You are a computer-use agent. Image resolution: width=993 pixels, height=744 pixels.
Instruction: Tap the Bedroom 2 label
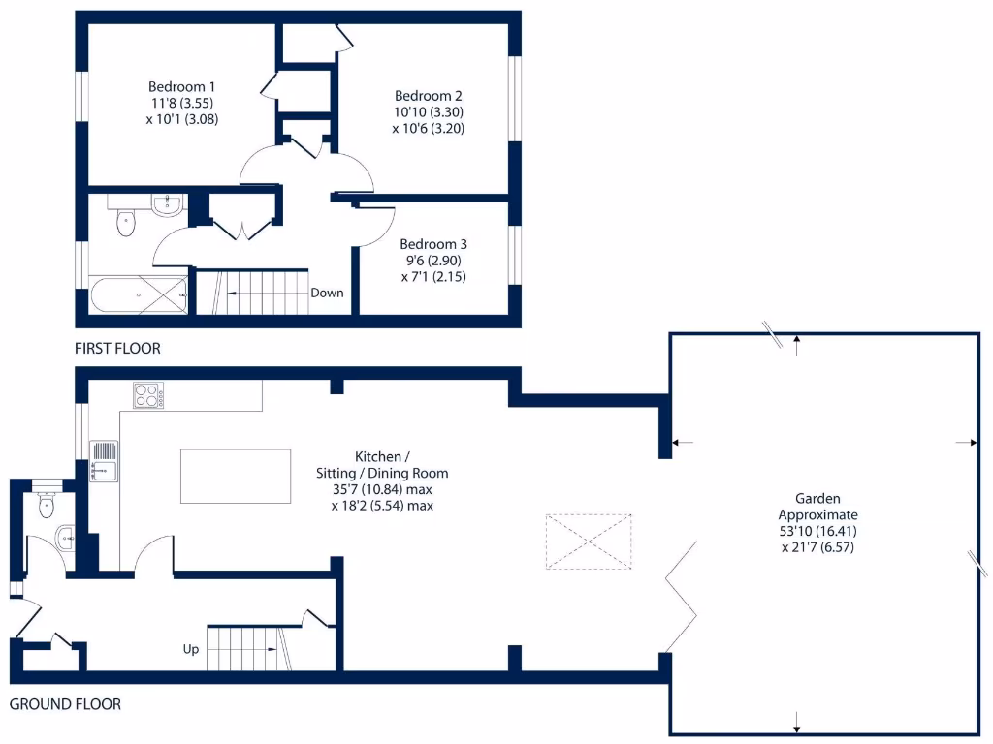[x=428, y=96]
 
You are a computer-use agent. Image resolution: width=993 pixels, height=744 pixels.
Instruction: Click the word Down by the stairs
[x=327, y=293]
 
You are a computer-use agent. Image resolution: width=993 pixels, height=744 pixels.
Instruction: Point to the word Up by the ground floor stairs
[x=190, y=649]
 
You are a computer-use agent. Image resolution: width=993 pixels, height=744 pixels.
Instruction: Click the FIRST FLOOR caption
[x=117, y=348]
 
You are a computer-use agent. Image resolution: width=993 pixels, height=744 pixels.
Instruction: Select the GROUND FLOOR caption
[x=65, y=704]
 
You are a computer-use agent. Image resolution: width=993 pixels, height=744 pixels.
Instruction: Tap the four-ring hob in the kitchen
[x=148, y=395]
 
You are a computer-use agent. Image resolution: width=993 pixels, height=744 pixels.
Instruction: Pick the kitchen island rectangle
[x=236, y=476]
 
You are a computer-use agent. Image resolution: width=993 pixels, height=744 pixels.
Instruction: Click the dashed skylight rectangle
[x=589, y=542]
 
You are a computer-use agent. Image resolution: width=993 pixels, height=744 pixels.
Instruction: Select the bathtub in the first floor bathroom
[x=139, y=294]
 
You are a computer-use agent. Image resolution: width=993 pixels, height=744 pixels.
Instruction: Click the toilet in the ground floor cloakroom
[x=46, y=504]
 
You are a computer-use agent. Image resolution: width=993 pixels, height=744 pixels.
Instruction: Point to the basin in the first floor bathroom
[x=168, y=202]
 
